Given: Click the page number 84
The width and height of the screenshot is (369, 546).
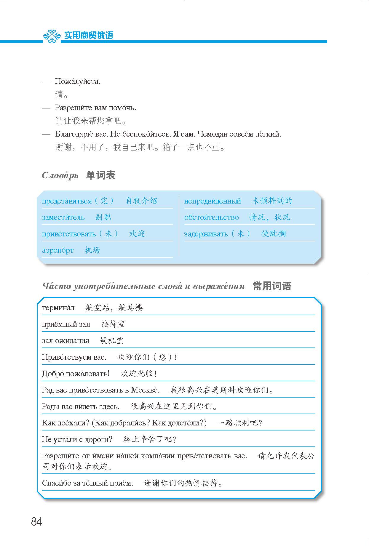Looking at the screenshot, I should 36,521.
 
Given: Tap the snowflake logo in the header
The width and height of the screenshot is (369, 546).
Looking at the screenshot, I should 52,36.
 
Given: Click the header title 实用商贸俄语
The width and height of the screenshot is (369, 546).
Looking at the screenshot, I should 89,36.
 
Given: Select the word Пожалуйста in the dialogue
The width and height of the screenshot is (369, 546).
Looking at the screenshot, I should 78,81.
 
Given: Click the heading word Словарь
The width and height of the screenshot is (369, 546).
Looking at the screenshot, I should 60,175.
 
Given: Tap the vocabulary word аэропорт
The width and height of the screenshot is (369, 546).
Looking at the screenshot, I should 58,250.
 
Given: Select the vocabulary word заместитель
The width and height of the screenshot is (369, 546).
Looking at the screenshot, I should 63,217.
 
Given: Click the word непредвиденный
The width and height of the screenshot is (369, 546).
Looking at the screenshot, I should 213,201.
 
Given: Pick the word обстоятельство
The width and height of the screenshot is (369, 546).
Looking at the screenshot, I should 211,217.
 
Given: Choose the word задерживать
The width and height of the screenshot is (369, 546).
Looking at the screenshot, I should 206,234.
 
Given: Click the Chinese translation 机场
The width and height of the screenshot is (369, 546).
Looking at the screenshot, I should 92,250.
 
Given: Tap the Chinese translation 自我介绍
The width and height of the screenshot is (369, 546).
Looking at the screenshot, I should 141,201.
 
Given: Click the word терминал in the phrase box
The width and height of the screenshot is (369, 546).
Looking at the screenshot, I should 58,308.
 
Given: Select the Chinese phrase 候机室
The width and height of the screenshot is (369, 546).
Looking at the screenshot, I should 111,341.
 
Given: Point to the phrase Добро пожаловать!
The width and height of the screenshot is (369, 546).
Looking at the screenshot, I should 76,374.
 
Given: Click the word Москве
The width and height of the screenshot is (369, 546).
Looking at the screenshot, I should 145,390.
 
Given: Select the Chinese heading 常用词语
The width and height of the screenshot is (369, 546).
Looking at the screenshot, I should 272,286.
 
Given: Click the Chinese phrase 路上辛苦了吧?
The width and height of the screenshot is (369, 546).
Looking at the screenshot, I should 150,439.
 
